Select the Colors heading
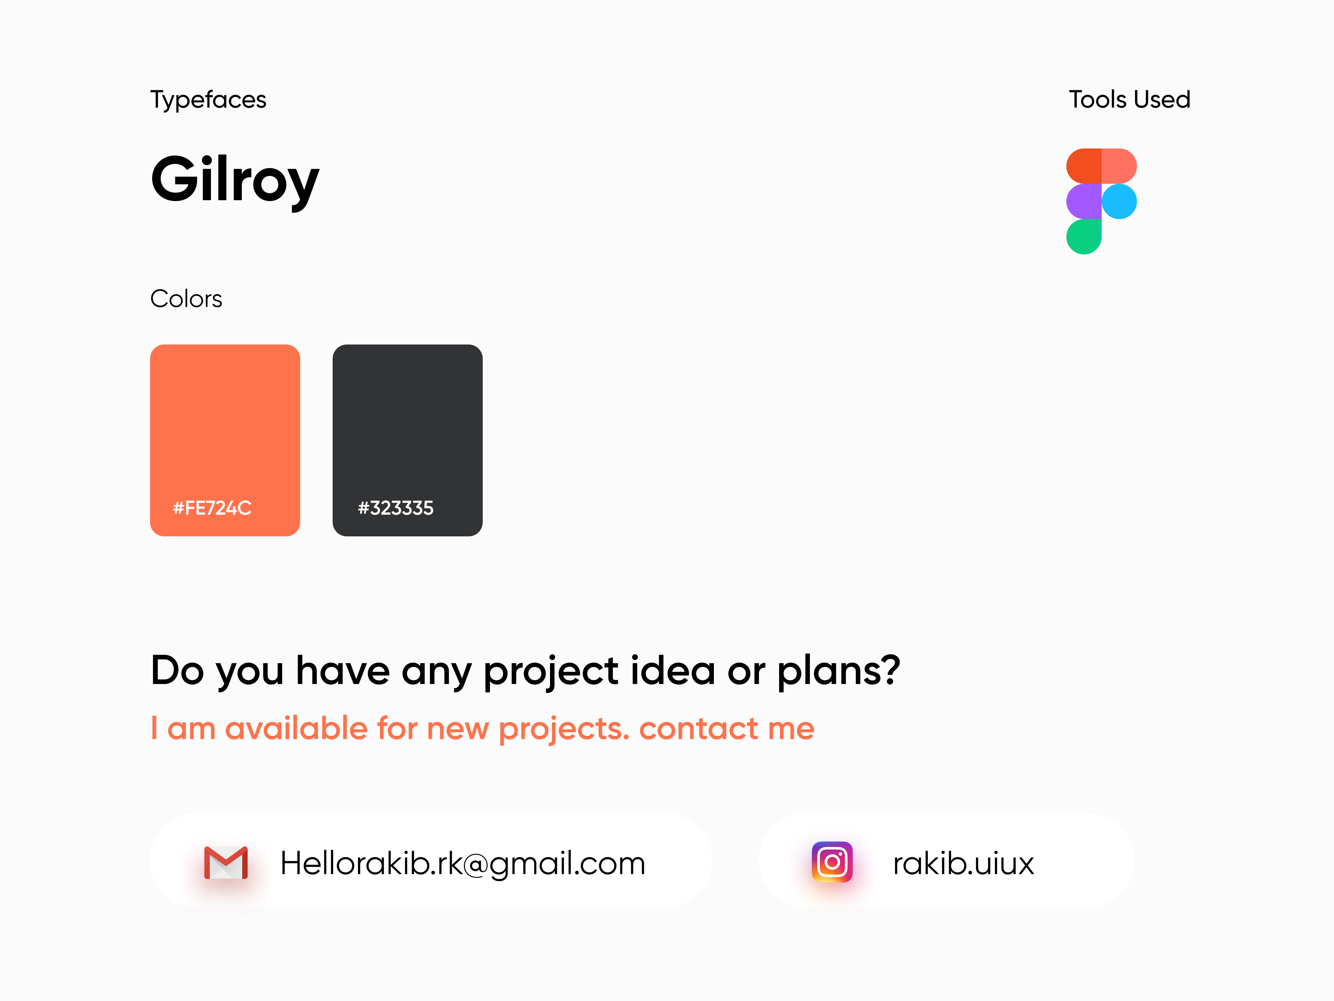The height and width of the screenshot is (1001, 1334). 186,299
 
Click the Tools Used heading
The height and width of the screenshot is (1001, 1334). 1129,100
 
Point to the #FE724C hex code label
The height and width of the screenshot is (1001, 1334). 212,508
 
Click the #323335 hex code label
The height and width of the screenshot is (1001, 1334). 396,508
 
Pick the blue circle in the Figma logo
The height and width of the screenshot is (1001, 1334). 1119,202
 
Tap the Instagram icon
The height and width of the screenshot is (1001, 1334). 832,862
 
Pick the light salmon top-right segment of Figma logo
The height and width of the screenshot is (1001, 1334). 1119,166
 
